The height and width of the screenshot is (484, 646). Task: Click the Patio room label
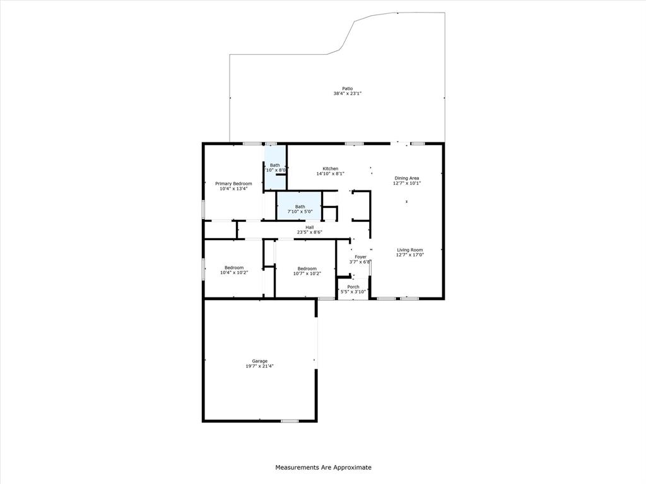[x=347, y=88]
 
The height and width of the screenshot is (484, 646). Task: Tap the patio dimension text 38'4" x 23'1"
[x=347, y=94]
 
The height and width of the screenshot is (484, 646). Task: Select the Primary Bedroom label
[x=233, y=183]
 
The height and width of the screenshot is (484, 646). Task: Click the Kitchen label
[x=331, y=168]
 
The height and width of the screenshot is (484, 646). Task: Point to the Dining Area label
[x=406, y=178]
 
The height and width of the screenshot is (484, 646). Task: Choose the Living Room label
[x=409, y=250]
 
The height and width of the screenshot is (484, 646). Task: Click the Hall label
[x=310, y=227]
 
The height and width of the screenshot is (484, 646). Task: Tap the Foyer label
[x=360, y=256]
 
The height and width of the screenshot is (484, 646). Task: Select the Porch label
[x=353, y=287]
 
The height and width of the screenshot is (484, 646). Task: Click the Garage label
[x=259, y=361]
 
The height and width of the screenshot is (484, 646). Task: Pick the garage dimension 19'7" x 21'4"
[x=259, y=366]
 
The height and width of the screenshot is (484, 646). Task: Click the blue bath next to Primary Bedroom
[x=275, y=167]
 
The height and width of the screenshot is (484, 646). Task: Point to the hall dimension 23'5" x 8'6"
[x=310, y=233]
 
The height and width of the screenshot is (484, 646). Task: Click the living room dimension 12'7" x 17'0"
[x=409, y=255]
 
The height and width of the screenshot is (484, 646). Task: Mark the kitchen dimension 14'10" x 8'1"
[x=331, y=174]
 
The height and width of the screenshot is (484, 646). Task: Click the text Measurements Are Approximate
[x=323, y=468]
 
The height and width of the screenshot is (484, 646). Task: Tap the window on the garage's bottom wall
[x=290, y=420]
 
